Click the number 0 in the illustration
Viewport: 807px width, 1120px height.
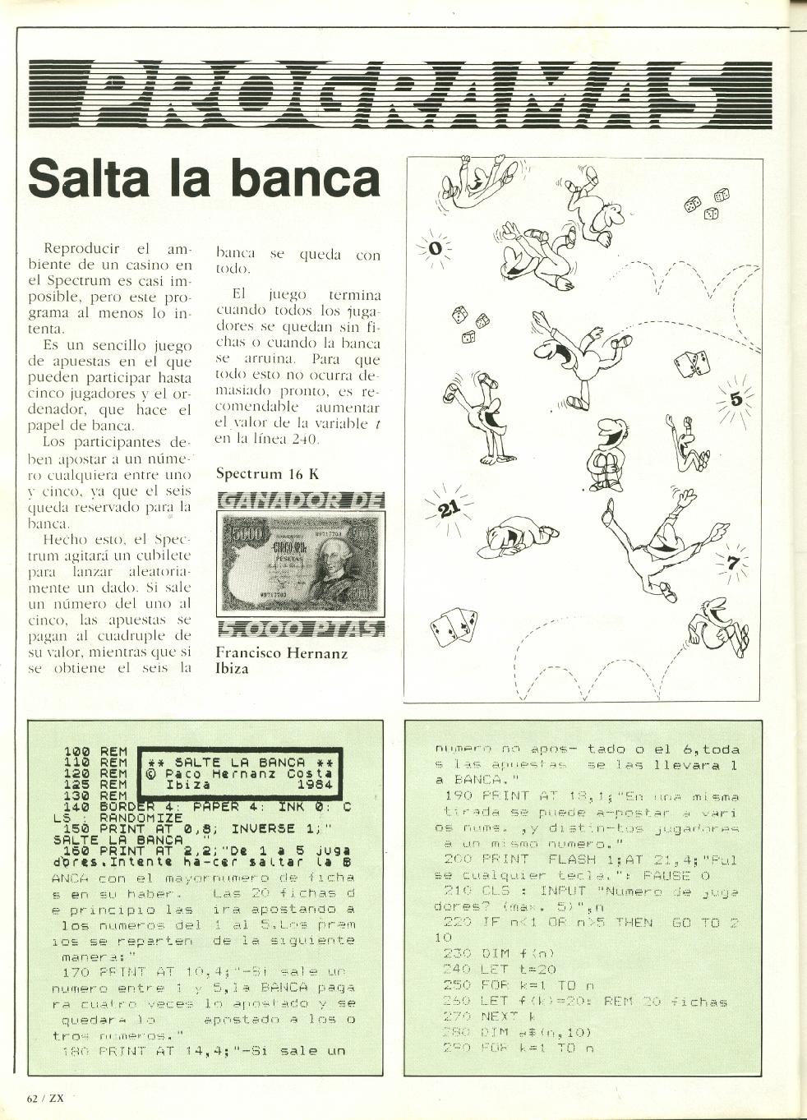pyautogui.click(x=436, y=247)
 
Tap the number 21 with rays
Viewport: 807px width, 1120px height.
pyautogui.click(x=448, y=509)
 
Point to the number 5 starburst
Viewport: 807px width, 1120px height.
pyautogui.click(x=736, y=399)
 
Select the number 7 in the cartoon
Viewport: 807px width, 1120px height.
pyautogui.click(x=733, y=563)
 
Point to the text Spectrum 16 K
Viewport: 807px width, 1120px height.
pyautogui.click(x=267, y=473)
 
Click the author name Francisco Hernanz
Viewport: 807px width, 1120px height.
pyautogui.click(x=281, y=653)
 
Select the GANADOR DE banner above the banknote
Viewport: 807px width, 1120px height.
pyautogui.click(x=300, y=500)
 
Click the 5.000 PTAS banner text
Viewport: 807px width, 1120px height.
pyautogui.click(x=300, y=629)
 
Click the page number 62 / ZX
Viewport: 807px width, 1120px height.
pyautogui.click(x=45, y=1099)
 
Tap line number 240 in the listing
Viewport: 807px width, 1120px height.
pyautogui.click(x=456, y=970)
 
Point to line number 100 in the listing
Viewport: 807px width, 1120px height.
pyautogui.click(x=77, y=752)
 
